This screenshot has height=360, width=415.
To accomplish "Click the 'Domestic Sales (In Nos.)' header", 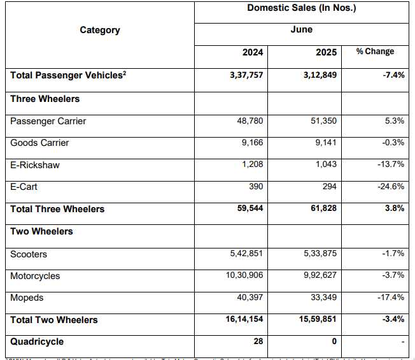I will tap(301, 8).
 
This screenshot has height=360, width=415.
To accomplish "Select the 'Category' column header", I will tap(99, 30).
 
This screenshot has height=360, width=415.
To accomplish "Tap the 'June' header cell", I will tap(301, 30).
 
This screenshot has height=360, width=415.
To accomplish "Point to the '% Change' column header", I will tap(375, 52).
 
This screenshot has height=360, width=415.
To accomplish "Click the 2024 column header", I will tap(252, 52).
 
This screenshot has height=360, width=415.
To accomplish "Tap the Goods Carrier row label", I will tap(39, 143).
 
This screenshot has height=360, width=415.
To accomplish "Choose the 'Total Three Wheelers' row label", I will tap(57, 209).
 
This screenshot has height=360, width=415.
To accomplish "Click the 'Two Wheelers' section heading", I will tap(41, 231).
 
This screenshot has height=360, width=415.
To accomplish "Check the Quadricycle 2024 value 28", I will tap(258, 342).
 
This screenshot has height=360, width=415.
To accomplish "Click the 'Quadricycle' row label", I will tap(37, 342).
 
